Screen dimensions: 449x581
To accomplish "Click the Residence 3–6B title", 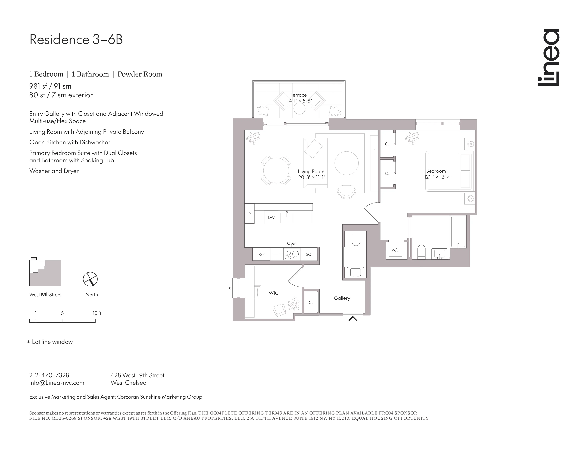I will point(76,39).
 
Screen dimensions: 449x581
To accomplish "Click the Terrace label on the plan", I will point(298,95).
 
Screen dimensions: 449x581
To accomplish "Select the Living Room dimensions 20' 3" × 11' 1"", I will point(311,177).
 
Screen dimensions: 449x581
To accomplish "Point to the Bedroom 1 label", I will point(437,171).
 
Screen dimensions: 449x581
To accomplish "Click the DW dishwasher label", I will point(271,218).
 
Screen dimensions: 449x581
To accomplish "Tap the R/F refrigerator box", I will point(261,254).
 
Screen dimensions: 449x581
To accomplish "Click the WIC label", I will point(273,293).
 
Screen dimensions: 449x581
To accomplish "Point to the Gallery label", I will point(342,298).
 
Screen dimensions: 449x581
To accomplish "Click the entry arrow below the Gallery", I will point(353,318).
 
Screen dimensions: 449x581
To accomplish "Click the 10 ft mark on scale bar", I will point(97,313).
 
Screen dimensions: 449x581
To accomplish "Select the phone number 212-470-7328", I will point(49,375).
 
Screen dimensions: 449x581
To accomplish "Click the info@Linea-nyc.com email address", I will point(57,383).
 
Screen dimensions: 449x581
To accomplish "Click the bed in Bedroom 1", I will point(449,171).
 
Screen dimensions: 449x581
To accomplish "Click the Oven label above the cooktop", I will point(292,243).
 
